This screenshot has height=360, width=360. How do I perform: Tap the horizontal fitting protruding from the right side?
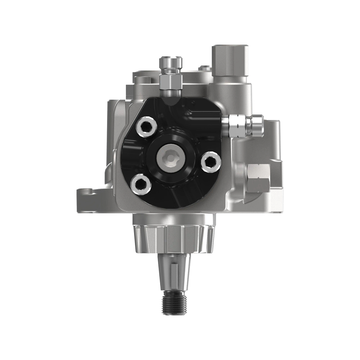[x=244, y=125]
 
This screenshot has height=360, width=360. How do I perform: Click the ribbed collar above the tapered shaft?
[x=173, y=237]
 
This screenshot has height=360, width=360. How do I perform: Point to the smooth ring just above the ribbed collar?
[x=173, y=220]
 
